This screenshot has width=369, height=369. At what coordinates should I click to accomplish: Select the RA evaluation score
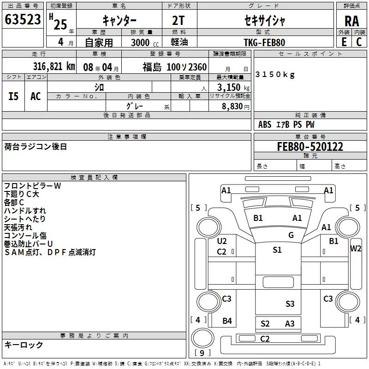[x=351, y=21]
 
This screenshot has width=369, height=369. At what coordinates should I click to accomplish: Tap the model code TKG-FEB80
[x=264, y=42]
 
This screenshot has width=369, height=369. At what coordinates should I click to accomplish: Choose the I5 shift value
[x=13, y=96]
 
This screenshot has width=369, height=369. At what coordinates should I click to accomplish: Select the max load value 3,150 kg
[x=230, y=88]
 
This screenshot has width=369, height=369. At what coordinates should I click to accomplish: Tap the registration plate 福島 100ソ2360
[x=174, y=67]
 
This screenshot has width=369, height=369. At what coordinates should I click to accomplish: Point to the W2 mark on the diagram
[x=356, y=249]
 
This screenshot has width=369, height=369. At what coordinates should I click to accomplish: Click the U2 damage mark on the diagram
[x=222, y=241]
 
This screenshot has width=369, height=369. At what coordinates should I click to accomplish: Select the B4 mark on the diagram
[x=227, y=321]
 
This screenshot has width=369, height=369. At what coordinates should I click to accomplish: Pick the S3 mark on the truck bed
[x=290, y=304]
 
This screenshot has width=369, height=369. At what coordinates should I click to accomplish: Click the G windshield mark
[x=291, y=235]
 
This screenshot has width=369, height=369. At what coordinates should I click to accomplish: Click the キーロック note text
[x=24, y=345]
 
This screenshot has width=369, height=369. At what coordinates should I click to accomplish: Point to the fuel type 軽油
[x=179, y=42]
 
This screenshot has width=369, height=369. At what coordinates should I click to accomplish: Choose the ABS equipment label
[x=265, y=125]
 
